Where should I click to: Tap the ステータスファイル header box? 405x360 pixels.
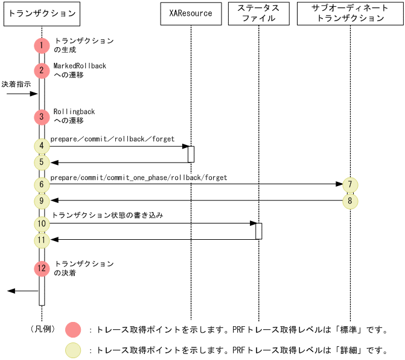click(258, 13)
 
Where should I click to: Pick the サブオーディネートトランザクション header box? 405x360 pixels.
click(349, 13)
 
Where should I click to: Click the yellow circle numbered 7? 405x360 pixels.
click(349, 184)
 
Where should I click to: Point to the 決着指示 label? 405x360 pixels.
click(16, 85)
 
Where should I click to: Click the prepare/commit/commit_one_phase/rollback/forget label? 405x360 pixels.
click(138, 178)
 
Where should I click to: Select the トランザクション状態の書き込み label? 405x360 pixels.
click(107, 214)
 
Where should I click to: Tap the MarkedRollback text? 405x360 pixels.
click(80, 65)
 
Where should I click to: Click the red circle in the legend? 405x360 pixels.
click(72, 330)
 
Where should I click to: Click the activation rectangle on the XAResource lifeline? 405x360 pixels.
click(191, 154)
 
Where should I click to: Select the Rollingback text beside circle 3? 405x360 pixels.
click(74, 112)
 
